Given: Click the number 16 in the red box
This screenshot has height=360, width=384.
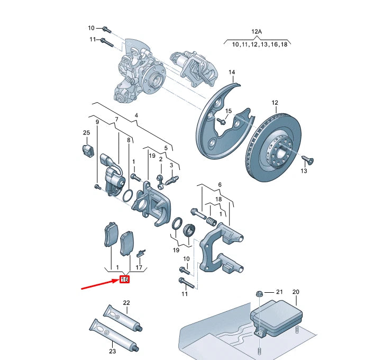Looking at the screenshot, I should (125, 280).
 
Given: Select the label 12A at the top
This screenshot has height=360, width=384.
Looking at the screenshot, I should (257, 32).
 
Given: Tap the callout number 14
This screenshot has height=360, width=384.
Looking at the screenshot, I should (232, 72).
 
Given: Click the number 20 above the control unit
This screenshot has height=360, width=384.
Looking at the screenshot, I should (296, 292).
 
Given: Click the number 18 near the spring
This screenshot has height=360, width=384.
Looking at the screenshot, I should (218, 199).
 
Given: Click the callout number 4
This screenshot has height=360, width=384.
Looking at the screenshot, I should (136, 115).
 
